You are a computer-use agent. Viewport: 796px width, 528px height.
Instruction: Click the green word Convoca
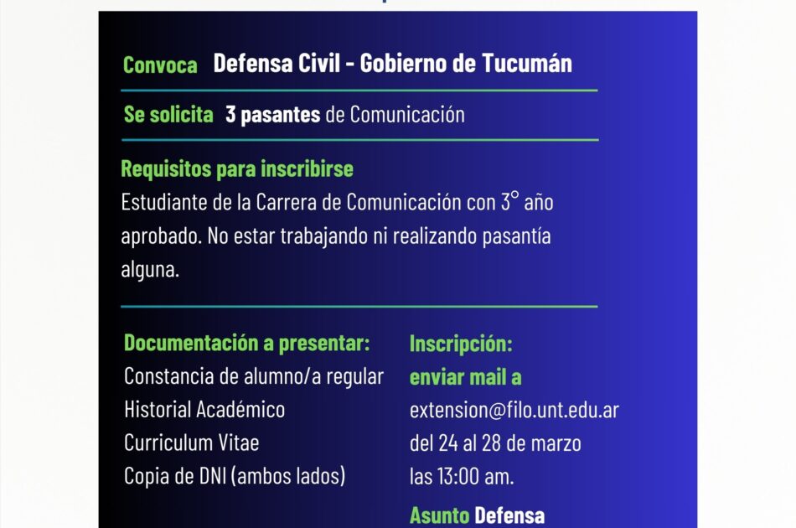pyautogui.click(x=160, y=65)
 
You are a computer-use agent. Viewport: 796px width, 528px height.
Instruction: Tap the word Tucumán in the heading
pyautogui.click(x=526, y=63)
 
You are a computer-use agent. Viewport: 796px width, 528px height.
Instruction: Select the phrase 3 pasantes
pyautogui.click(x=272, y=115)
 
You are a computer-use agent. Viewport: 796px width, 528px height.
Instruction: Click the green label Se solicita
pyautogui.click(x=168, y=114)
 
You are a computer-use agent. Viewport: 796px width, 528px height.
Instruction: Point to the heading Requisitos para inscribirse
pyautogui.click(x=237, y=168)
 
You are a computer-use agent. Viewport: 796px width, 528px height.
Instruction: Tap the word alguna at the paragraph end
pyautogui.click(x=150, y=269)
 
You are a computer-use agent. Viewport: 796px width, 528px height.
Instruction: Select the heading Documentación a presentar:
pyautogui.click(x=246, y=344)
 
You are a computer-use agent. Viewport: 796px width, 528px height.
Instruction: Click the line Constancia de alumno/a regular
pyautogui.click(x=254, y=376)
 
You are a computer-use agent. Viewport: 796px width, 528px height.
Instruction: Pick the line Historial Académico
pyautogui.click(x=204, y=409)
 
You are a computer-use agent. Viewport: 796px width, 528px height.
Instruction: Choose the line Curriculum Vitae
pyautogui.click(x=191, y=443)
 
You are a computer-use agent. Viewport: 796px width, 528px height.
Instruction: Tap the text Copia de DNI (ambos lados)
pyautogui.click(x=235, y=476)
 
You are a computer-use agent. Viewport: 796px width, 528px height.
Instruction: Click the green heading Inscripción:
pyautogui.click(x=461, y=344)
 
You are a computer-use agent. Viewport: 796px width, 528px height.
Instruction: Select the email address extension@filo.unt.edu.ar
pyautogui.click(x=514, y=410)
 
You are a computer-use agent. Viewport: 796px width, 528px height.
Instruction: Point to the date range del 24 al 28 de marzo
pyautogui.click(x=495, y=443)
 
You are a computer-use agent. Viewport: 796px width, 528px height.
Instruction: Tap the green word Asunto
pyautogui.click(x=440, y=515)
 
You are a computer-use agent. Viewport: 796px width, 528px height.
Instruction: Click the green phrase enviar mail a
pyautogui.click(x=466, y=377)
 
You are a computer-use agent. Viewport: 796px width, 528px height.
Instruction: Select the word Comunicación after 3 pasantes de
pyautogui.click(x=407, y=115)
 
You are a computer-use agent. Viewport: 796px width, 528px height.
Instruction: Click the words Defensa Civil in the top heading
pyautogui.click(x=277, y=63)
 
